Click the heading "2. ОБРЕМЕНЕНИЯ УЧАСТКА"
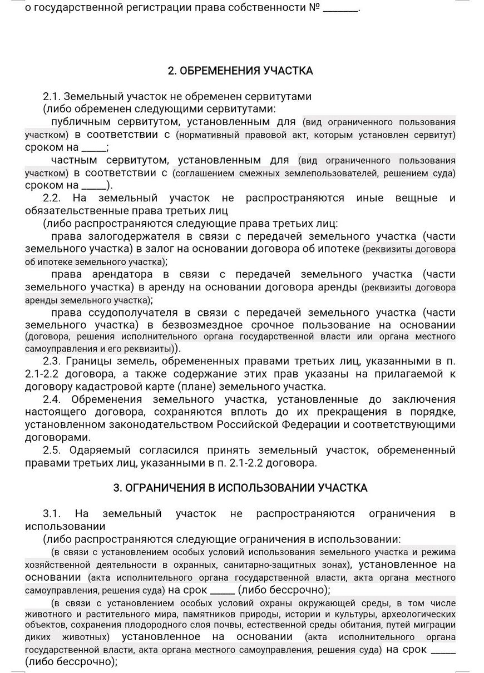coord(240,71)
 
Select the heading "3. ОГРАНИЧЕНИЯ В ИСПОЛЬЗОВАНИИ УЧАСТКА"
coord(240,488)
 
